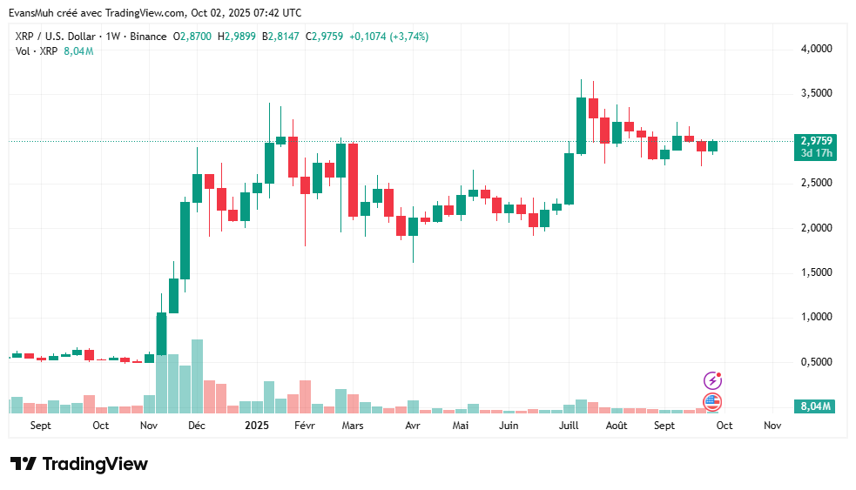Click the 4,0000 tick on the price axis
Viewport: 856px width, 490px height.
[816, 50]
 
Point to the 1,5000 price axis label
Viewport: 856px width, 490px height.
[816, 272]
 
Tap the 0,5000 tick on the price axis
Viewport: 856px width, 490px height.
[816, 362]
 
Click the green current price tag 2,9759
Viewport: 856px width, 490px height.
[816, 140]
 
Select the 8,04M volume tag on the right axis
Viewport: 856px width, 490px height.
[816, 406]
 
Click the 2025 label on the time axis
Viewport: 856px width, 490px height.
[257, 426]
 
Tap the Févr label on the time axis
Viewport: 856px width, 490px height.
[304, 426]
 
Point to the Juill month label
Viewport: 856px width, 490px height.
[569, 426]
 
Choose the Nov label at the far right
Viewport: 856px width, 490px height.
[772, 426]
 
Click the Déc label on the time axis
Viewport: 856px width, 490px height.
[197, 426]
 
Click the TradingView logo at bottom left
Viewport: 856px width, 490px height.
[79, 464]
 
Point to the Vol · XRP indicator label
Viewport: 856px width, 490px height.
[37, 51]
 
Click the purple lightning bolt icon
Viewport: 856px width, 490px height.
[712, 380]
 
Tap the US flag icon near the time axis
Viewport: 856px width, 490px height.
[712, 401]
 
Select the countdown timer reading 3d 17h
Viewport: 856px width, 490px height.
[816, 153]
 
